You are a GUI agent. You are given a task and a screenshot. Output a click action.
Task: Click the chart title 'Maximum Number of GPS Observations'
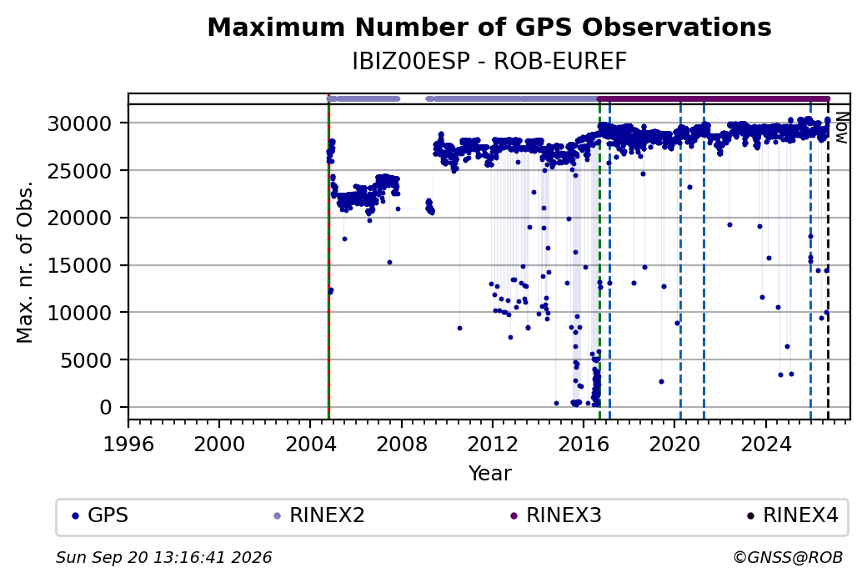click(x=489, y=27)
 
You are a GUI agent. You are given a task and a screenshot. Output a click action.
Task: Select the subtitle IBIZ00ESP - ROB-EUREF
click(x=489, y=62)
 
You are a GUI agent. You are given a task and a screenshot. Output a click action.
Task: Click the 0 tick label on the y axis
click(x=106, y=408)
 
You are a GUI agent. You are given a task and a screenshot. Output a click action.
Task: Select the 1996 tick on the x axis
click(x=128, y=445)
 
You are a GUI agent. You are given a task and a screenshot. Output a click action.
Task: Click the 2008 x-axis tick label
click(x=402, y=445)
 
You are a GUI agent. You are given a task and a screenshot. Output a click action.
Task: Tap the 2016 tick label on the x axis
click(x=584, y=445)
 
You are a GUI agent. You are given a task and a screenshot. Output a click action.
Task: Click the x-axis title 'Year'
click(x=490, y=474)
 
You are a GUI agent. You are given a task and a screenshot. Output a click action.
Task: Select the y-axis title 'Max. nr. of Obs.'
click(x=25, y=262)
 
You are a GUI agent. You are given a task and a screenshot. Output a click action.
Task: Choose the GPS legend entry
click(x=101, y=515)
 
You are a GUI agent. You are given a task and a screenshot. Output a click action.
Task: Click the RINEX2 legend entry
click(x=319, y=515)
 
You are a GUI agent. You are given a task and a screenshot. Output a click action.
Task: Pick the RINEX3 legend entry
click(x=556, y=515)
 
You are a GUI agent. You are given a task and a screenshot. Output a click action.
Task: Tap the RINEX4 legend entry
click(x=793, y=515)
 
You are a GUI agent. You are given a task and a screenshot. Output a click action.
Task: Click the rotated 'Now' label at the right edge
click(x=841, y=128)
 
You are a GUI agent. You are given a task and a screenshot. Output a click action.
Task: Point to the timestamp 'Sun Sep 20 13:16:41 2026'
click(x=163, y=557)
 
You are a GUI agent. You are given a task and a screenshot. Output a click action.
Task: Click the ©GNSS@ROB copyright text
click(x=788, y=557)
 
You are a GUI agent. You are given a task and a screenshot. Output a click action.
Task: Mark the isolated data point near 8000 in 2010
click(x=459, y=328)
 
